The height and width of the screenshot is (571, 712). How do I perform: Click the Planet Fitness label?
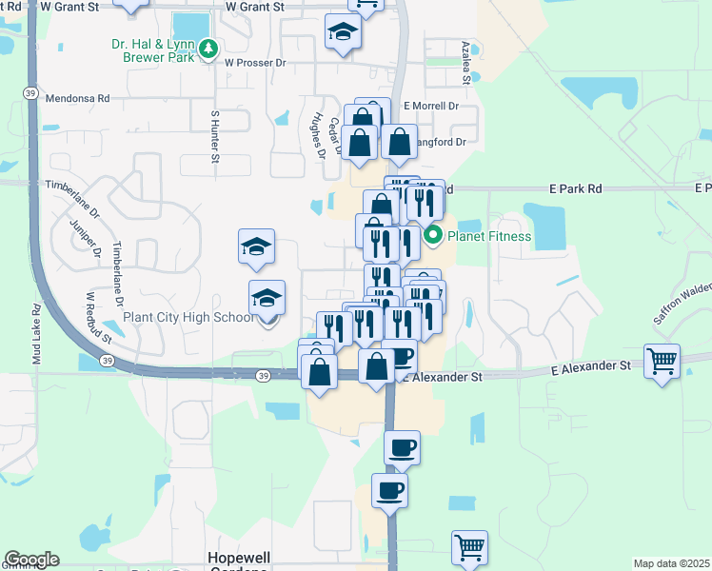coord(489,235)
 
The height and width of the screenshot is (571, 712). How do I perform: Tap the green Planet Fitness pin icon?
coord(433,235)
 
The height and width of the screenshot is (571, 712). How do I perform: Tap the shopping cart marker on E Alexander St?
coord(662,361)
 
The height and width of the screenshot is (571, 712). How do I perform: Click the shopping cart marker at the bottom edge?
coord(469,548)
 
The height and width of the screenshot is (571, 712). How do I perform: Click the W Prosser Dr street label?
coord(255,63)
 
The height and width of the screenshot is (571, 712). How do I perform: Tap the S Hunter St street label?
coord(215,135)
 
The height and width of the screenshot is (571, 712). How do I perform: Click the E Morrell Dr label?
coord(431,106)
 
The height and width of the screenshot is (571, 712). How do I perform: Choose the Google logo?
coord(31,560)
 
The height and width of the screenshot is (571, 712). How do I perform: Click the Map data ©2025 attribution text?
coord(670,563)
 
